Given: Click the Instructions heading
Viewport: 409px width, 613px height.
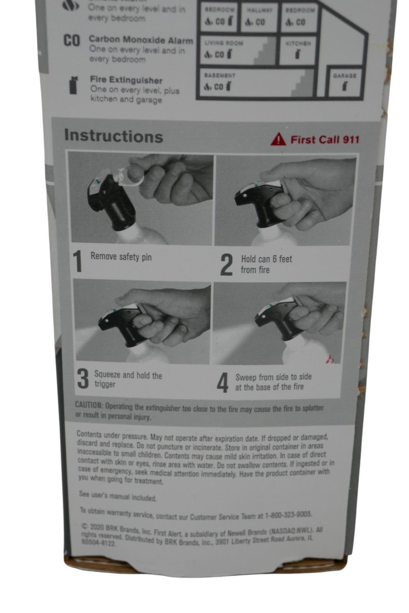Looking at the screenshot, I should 114,136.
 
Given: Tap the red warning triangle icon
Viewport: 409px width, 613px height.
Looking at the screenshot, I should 278,139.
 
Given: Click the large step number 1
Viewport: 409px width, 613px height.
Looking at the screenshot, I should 78,261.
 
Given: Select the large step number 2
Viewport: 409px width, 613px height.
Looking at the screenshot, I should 226,265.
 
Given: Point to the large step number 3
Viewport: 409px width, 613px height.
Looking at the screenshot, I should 83,379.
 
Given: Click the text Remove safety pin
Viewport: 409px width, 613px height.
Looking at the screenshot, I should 121,257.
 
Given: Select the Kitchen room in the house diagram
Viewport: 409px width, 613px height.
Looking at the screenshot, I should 298,50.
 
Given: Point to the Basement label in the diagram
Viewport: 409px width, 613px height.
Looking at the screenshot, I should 219,75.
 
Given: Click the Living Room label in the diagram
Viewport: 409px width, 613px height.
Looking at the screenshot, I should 224,43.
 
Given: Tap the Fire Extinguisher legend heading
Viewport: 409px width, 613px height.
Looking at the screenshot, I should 126,80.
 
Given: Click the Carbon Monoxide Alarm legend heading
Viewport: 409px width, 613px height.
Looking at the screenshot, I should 140,40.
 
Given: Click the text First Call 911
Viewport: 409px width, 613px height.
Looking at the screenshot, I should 325,139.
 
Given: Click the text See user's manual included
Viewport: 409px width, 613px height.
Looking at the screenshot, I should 118,496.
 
